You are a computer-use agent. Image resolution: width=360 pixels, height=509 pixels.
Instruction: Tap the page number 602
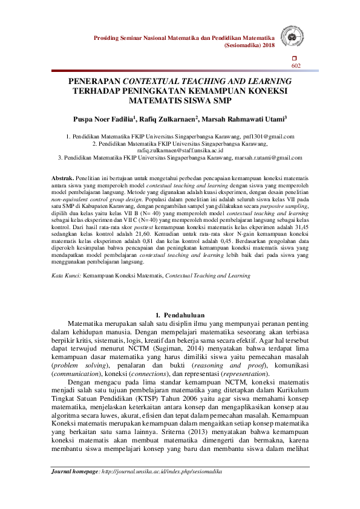[x=296, y=65]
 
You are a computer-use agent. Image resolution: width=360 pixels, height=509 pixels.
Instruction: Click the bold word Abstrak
[x=62, y=179]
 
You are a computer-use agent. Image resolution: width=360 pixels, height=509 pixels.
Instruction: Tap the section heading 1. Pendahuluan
[x=180, y=314]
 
